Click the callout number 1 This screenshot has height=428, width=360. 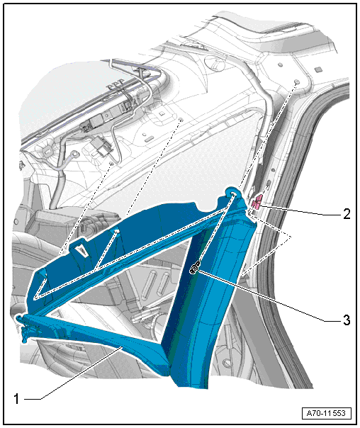click(x=16, y=399)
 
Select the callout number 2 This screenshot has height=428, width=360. click(x=347, y=214)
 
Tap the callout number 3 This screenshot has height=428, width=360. click(x=347, y=320)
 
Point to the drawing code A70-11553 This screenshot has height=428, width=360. click(x=326, y=413)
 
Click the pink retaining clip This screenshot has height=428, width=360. click(x=257, y=202)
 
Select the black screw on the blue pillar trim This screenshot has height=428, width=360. click(x=195, y=269)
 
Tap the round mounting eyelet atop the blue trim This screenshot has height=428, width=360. click(x=233, y=193)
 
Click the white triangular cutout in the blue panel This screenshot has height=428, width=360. click(x=82, y=250)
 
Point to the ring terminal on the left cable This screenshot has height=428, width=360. click(x=74, y=155)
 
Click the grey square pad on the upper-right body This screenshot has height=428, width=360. click(x=317, y=69)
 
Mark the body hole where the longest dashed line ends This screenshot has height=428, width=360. click(x=297, y=82)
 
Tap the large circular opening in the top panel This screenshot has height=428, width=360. click(x=215, y=62)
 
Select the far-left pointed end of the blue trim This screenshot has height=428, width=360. click(x=19, y=318)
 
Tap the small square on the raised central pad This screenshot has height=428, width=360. click(x=161, y=112)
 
